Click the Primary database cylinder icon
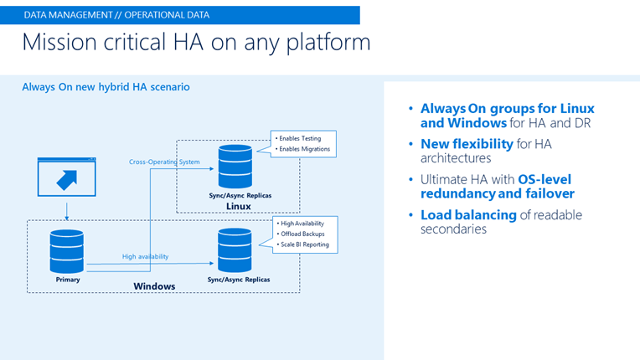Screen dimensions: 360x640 (66, 250)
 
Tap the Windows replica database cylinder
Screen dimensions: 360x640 (235, 250)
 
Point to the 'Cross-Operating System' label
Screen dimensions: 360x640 (164, 162)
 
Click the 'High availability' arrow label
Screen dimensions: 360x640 (147, 257)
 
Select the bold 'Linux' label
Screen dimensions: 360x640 (239, 206)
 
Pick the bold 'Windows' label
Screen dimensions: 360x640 (155, 286)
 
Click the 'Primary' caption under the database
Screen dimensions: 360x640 (67, 280)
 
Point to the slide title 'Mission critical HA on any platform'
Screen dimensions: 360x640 (196, 44)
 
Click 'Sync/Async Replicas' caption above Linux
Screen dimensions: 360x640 (239, 195)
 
